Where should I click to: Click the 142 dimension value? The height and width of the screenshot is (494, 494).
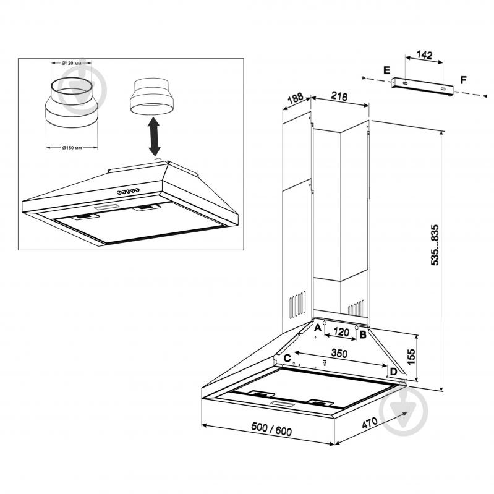(x=424, y=55)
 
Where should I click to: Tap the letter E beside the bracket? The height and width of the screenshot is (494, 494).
(x=386, y=70)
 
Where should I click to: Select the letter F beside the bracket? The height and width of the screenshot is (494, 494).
(x=463, y=80)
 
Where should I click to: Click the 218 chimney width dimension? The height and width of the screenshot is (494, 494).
(x=339, y=95)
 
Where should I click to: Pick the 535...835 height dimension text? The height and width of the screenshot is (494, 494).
(x=435, y=245)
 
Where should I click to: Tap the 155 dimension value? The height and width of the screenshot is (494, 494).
(x=411, y=357)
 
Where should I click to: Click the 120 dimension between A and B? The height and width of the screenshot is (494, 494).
(x=341, y=333)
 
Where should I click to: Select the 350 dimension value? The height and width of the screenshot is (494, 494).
(x=339, y=354)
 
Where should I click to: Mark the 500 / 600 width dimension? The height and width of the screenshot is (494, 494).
(x=271, y=429)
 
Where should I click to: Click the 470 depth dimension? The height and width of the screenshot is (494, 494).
(x=370, y=423)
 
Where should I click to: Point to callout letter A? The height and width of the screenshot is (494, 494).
(x=318, y=328)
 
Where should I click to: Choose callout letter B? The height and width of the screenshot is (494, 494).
(x=363, y=334)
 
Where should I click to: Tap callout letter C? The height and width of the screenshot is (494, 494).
(x=287, y=358)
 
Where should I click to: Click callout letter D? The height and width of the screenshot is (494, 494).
(x=393, y=372)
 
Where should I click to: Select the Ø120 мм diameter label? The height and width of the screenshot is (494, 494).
(x=71, y=63)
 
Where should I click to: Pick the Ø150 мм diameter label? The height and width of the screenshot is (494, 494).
(x=72, y=147)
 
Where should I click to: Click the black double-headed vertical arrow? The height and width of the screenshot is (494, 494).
(x=154, y=137)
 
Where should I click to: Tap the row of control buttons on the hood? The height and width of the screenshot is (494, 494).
(x=128, y=191)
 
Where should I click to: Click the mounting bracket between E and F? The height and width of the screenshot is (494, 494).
(x=422, y=87)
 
